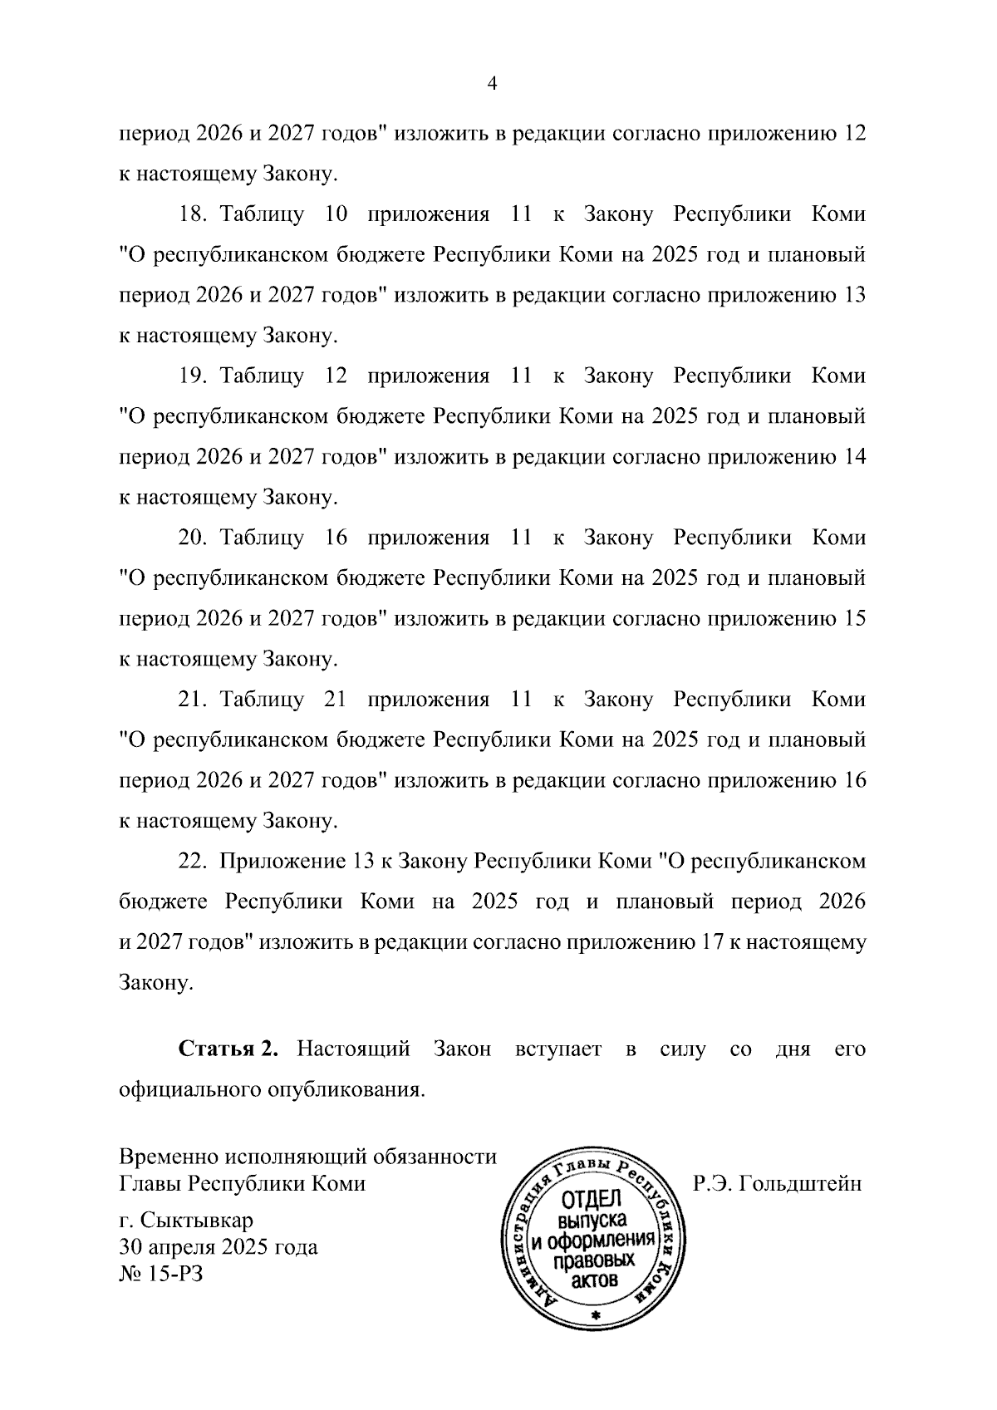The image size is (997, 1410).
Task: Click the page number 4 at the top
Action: point(491,84)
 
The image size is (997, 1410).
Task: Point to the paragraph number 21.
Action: point(193,700)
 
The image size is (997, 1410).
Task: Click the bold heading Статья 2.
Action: point(228,1049)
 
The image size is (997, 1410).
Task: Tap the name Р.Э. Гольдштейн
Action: point(777,1183)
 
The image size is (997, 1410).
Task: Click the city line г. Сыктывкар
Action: point(186,1221)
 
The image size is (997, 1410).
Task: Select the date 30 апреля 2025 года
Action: point(219,1247)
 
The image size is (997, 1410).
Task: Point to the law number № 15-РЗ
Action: point(161,1273)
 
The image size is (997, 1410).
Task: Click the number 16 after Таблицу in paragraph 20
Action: point(336,538)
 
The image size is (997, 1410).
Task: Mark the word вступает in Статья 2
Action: point(557,1049)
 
